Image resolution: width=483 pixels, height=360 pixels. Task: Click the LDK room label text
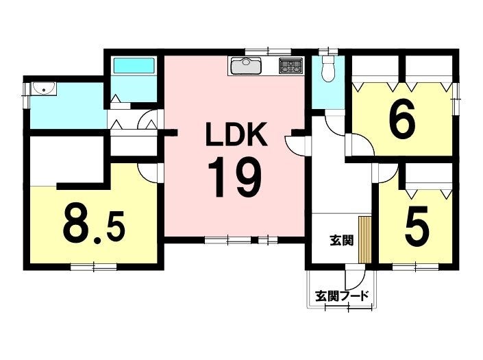point(236,134)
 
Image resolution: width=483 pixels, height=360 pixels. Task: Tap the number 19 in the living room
point(235,177)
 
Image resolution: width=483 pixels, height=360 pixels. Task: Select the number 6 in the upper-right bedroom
point(402,121)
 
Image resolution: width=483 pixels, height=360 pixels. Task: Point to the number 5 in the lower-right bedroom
point(417,226)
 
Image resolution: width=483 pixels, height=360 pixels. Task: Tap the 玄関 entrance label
point(341,241)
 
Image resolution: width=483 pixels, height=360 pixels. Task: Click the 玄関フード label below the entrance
point(342,296)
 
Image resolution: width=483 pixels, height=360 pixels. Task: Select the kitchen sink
point(246,66)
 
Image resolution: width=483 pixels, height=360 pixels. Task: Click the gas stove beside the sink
point(290,66)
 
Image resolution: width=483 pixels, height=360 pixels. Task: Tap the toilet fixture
point(328,69)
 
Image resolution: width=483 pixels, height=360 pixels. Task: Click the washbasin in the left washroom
point(44,88)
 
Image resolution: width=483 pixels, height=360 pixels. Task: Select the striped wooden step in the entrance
point(364,240)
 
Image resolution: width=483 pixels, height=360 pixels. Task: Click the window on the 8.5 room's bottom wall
point(94,267)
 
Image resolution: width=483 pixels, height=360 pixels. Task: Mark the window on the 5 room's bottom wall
point(416,267)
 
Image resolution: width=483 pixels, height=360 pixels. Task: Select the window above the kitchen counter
point(268,51)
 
